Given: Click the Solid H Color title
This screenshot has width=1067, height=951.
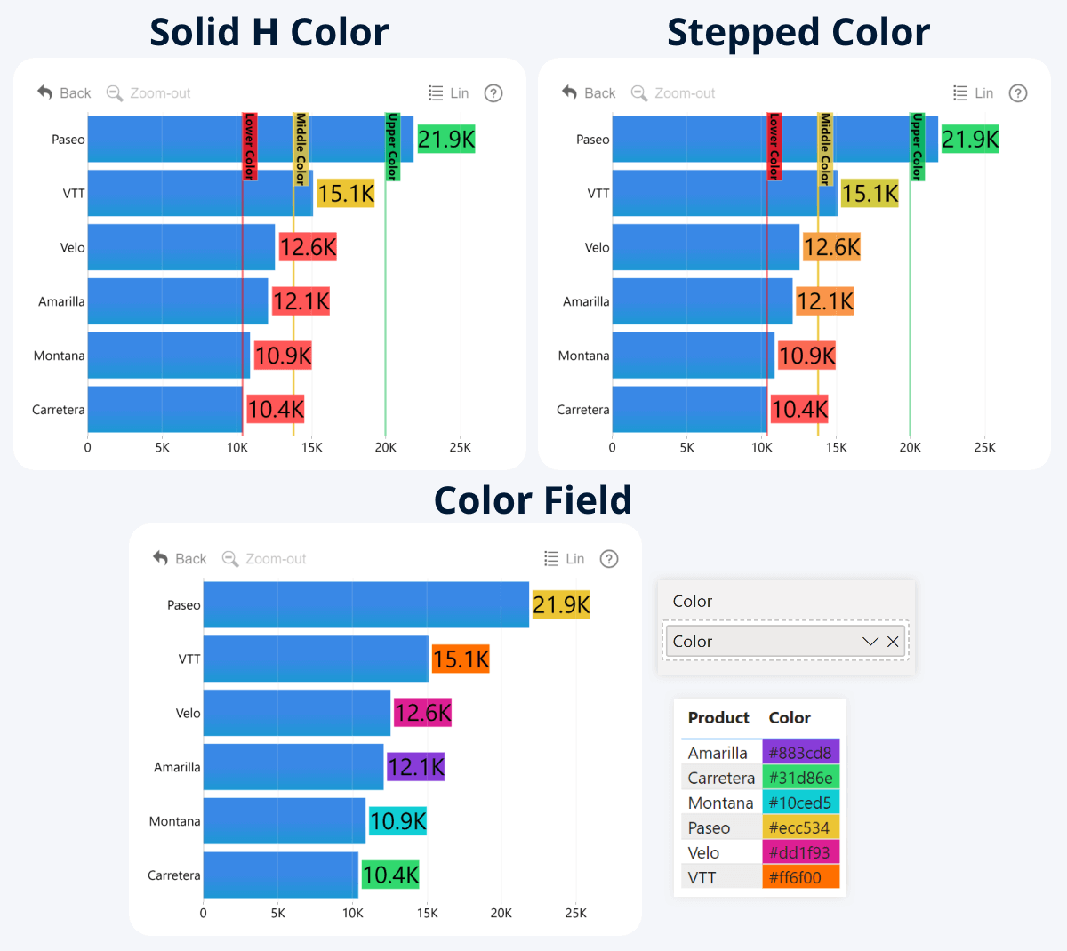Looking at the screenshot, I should pyautogui.click(x=269, y=33).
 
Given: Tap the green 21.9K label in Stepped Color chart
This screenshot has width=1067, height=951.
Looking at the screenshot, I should pyautogui.click(x=970, y=140).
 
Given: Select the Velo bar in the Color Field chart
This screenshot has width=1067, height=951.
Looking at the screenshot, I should pyautogui.click(x=296, y=713).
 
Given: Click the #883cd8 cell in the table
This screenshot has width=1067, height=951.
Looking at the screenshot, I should pyautogui.click(x=800, y=753).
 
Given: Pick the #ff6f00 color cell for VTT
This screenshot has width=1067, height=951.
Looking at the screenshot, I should pyautogui.click(x=800, y=877).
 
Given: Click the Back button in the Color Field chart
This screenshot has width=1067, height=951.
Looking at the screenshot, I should pyautogui.click(x=180, y=558).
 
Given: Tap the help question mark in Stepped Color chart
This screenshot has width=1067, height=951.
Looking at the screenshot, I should pyautogui.click(x=1018, y=93).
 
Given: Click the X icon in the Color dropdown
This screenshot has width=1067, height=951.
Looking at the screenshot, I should pyautogui.click(x=893, y=642).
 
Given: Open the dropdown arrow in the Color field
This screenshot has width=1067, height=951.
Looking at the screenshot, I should pyautogui.click(x=870, y=642).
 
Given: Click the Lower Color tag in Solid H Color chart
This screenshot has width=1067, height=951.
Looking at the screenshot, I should pyautogui.click(x=250, y=147).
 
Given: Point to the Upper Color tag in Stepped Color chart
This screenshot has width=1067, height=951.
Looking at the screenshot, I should pyautogui.click(x=917, y=147).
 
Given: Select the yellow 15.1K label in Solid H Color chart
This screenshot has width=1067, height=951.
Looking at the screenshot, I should pyautogui.click(x=346, y=194).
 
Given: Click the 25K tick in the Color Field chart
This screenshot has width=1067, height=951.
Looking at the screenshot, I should pyautogui.click(x=575, y=913).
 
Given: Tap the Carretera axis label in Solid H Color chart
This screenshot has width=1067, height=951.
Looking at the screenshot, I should pyautogui.click(x=59, y=410).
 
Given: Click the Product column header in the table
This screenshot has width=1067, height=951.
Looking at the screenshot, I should pyautogui.click(x=718, y=718).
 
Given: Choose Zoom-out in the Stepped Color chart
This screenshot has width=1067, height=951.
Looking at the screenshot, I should pyautogui.click(x=673, y=93).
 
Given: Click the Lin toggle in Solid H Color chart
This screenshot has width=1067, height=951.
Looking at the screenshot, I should pyautogui.click(x=449, y=93).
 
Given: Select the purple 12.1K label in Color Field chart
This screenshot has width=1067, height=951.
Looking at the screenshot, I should pyautogui.click(x=415, y=767).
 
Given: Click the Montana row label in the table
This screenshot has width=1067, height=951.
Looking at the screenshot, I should pyautogui.click(x=720, y=803).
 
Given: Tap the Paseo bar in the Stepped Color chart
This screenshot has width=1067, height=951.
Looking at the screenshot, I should pyautogui.click(x=774, y=140).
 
